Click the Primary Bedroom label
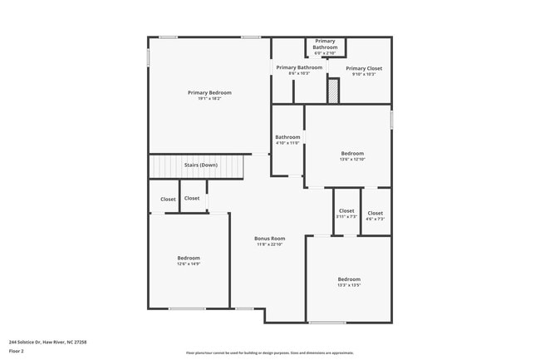tap(209, 92)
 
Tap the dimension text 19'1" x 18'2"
tap(209, 99)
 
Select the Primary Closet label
tap(364, 68)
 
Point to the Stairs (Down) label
tap(200, 165)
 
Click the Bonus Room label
tap(269, 239)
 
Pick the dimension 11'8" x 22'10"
tap(269, 245)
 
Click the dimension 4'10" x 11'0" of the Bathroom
tap(287, 143)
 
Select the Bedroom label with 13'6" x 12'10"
tap(352, 153)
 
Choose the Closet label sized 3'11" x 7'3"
tap(346, 211)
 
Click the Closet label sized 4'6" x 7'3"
tap(376, 214)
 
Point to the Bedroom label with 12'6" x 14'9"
tap(189, 258)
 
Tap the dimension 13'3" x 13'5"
tap(349, 285)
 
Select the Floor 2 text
tap(17, 351)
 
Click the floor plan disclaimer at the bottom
tap(269, 353)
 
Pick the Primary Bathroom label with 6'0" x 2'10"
tap(325, 44)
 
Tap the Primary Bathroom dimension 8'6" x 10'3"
tap(299, 74)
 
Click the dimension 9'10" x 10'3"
tap(364, 75)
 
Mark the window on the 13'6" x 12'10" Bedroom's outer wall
tap(391, 120)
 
